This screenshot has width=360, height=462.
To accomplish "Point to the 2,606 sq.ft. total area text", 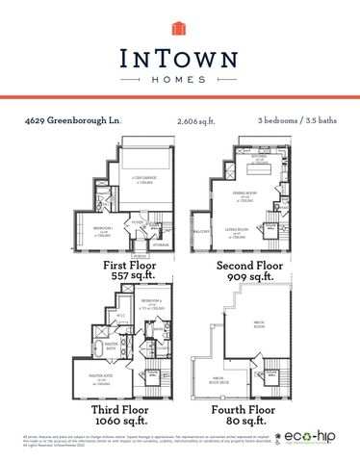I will (x=195, y=121).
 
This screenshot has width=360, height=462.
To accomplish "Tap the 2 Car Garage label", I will (x=144, y=180).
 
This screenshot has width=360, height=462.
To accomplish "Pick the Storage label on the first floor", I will (x=160, y=244).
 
